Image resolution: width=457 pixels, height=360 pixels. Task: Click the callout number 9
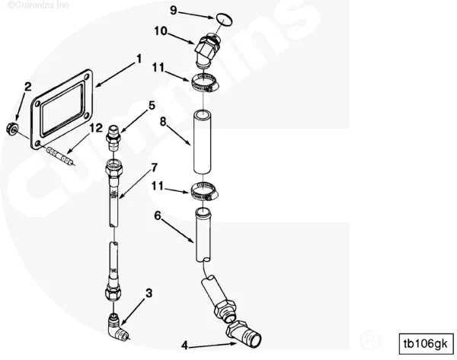coord(174,11)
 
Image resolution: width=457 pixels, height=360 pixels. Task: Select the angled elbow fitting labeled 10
coord(207,50)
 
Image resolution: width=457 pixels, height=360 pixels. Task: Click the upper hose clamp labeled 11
coord(205,83)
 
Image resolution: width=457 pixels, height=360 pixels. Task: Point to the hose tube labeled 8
coord(203,142)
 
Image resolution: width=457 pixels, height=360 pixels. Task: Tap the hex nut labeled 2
coord(13,129)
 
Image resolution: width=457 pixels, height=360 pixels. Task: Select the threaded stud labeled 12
coord(59,156)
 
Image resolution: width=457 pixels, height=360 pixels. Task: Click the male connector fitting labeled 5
coord(114,138)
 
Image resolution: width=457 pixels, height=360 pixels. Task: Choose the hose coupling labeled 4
coord(244,334)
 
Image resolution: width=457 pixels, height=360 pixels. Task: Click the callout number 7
coord(154,167)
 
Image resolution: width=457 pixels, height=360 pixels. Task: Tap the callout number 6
coord(158,216)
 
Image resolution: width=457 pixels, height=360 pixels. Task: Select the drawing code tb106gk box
coord(426,344)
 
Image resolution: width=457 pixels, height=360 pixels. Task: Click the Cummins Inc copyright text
coord(38,5)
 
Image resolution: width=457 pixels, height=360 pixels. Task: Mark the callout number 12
coord(96,128)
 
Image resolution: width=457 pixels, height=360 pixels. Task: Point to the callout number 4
coord(184,346)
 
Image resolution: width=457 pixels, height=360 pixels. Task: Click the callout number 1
coord(139,59)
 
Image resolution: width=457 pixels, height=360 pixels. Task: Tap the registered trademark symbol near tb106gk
coord(370,339)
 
